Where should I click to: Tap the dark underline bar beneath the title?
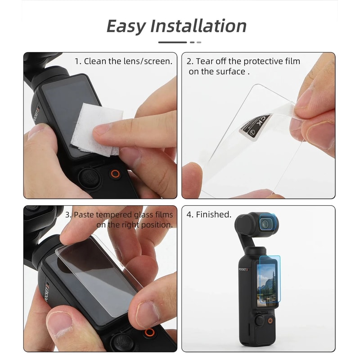(x=172, y=42)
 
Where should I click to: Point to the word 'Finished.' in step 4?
(x=213, y=215)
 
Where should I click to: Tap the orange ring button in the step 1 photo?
(x=116, y=174)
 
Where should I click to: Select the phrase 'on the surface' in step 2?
(x=216, y=72)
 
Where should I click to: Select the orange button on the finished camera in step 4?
(x=270, y=321)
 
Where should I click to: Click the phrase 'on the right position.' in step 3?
(x=134, y=225)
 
